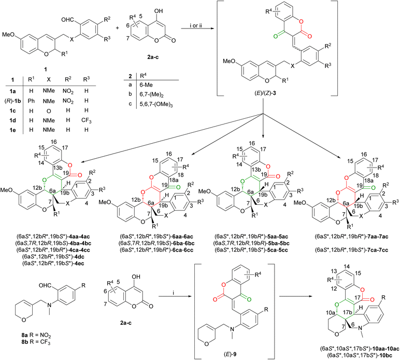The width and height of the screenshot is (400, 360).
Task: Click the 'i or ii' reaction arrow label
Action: pos(195,26)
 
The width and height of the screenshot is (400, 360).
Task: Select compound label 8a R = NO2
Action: pos(36,335)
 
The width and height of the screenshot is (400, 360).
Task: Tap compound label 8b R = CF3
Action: pos(36,342)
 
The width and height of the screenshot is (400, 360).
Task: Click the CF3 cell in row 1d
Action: pos(86,120)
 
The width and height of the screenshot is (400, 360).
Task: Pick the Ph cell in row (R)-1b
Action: pos(31,101)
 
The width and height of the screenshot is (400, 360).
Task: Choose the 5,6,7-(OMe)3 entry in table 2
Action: pos(156,104)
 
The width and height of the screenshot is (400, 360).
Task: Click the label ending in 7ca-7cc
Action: pos(351,250)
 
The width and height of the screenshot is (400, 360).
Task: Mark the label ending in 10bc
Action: pos(360,355)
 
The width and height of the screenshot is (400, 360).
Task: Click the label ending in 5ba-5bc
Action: pos(252,243)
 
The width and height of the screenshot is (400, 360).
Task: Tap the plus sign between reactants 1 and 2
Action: pos(117,27)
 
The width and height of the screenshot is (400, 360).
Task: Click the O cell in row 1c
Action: pos(49,111)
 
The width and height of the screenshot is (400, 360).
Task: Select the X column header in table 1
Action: pos(49,80)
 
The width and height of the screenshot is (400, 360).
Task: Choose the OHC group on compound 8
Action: pos(45,285)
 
